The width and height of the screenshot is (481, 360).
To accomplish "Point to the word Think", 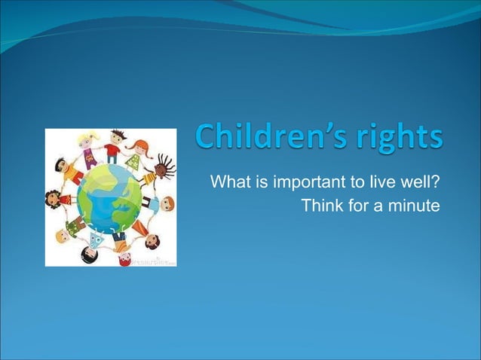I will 322,205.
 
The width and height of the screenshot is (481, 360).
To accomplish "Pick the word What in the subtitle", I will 229,183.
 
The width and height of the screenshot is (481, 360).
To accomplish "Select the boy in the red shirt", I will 115,142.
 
